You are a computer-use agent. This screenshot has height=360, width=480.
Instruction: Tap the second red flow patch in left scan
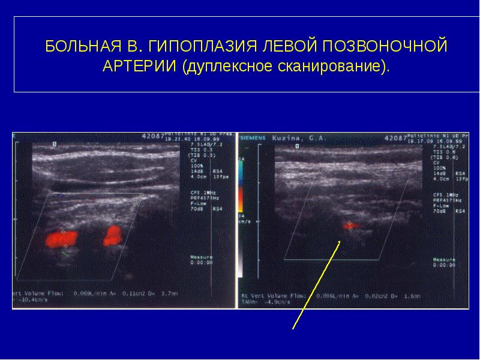point(112,235)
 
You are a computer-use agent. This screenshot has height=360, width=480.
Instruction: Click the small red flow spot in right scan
point(350,226)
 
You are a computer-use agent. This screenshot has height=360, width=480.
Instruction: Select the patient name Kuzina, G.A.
point(301,137)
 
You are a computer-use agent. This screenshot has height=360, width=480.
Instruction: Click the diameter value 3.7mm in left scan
point(170,293)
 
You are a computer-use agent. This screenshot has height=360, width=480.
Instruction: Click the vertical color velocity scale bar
point(241,185)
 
